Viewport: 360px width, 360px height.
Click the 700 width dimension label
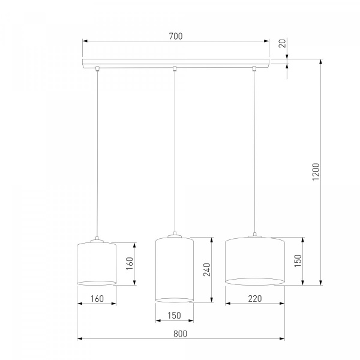(176, 36)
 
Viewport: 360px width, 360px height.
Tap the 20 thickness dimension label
(283, 43)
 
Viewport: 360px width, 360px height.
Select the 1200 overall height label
(316, 172)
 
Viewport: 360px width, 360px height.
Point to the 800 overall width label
(180, 334)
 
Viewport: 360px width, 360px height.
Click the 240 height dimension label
(207, 269)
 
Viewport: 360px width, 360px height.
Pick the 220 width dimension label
(255, 298)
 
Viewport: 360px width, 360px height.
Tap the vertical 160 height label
(130, 263)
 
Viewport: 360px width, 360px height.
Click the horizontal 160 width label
(97, 299)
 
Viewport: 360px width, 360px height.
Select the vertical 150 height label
(298, 260)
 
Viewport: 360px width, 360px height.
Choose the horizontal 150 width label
(174, 316)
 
